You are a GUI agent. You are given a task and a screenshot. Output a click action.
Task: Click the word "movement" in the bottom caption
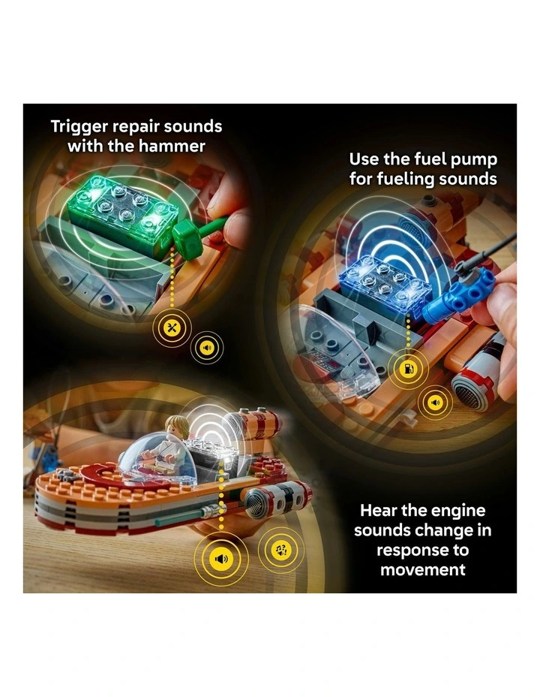click(423, 569)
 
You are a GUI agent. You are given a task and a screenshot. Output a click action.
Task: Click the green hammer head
click(183, 238)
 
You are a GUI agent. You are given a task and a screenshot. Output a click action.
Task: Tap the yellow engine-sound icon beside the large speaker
click(281, 551)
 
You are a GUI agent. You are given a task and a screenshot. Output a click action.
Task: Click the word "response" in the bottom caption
click(411, 550)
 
